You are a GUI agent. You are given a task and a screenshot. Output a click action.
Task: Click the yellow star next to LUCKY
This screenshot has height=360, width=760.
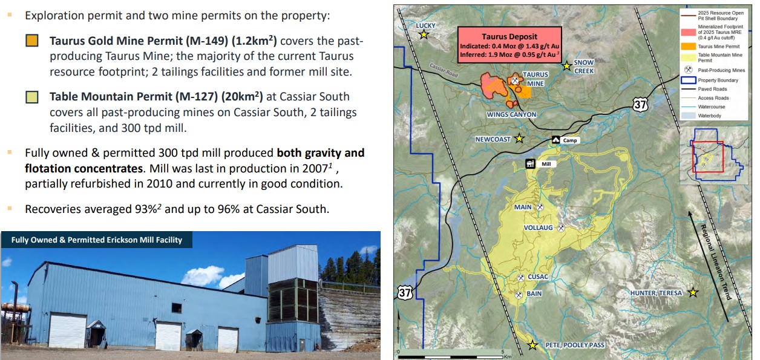[424, 34]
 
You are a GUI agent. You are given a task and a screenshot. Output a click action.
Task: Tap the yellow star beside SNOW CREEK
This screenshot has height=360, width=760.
[566, 66]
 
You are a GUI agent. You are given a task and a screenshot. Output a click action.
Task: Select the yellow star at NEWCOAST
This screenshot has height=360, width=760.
[519, 139]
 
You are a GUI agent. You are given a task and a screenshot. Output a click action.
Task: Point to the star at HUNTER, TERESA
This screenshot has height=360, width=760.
[692, 292]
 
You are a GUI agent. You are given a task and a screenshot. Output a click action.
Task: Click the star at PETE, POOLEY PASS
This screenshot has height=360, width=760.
[532, 345]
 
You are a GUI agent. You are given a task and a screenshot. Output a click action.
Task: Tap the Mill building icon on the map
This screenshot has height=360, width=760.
[530, 164]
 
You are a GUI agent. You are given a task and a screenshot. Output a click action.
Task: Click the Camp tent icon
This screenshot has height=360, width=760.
[555, 140]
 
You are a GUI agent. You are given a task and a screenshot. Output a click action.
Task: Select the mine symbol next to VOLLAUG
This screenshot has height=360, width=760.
[561, 228]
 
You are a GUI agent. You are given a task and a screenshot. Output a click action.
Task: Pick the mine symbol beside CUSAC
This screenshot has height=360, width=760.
[521, 278]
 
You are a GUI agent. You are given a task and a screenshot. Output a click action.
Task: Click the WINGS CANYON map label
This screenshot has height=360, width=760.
[511, 115]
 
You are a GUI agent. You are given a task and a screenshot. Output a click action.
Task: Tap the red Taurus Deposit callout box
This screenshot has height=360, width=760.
[509, 45]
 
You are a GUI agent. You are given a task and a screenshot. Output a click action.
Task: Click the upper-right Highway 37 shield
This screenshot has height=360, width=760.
[640, 104]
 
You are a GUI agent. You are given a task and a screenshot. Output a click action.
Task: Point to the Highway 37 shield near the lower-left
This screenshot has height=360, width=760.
[405, 292]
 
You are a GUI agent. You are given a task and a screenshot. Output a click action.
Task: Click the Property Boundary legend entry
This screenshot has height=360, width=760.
[713, 80]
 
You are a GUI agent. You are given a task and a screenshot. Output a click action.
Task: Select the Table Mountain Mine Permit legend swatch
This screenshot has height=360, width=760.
[688, 57]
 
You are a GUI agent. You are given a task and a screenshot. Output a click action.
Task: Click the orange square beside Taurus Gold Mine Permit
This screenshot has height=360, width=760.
[32, 41]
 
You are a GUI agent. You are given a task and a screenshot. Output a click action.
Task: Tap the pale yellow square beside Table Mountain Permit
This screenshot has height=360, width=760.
[32, 97]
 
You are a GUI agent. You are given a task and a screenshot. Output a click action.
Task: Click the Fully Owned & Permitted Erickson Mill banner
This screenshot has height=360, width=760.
[97, 240]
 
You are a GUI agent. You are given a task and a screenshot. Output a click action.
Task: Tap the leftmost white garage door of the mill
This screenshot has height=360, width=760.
[68, 330]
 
